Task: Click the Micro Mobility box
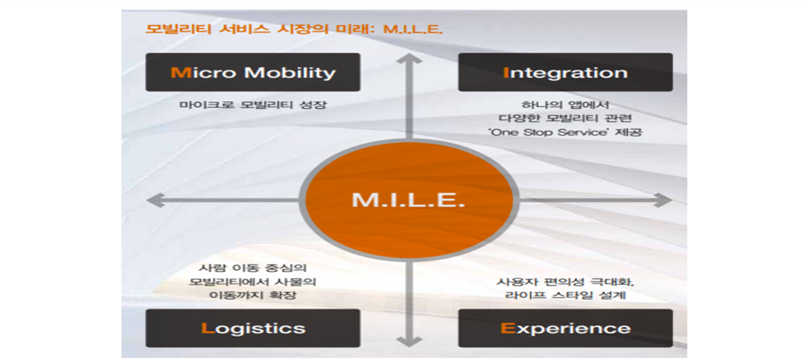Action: point(253,72)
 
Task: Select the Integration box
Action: point(565,72)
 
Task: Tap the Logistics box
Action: point(253,329)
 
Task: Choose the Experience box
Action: point(565,329)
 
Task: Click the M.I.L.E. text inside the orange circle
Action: point(409,200)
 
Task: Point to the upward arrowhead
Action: point(409,58)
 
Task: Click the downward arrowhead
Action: point(409,341)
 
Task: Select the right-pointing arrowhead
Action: point(665,200)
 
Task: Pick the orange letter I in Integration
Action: point(506,72)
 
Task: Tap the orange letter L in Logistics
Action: point(208,329)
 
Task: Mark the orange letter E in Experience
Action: point(507,329)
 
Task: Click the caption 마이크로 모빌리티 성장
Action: point(253,105)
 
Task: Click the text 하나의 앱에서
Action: point(565,105)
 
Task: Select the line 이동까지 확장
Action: point(253,295)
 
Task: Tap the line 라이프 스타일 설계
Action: point(565,295)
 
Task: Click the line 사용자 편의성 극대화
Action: point(565,282)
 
